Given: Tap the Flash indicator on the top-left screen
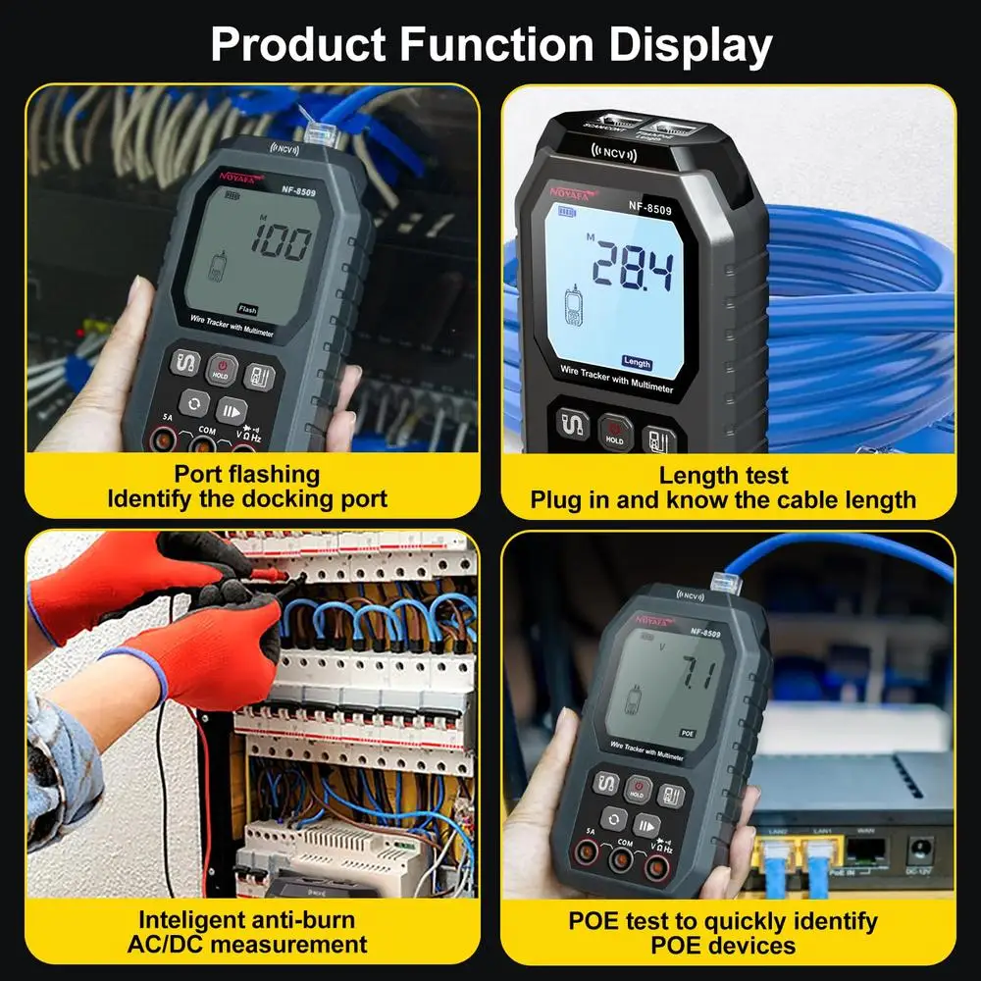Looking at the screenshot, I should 248,309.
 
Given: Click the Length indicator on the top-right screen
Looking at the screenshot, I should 637,360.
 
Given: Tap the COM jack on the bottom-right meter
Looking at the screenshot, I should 619,860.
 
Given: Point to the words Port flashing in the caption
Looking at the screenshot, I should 246,475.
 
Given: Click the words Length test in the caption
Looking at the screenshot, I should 723,476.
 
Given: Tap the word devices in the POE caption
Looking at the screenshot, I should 750,946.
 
